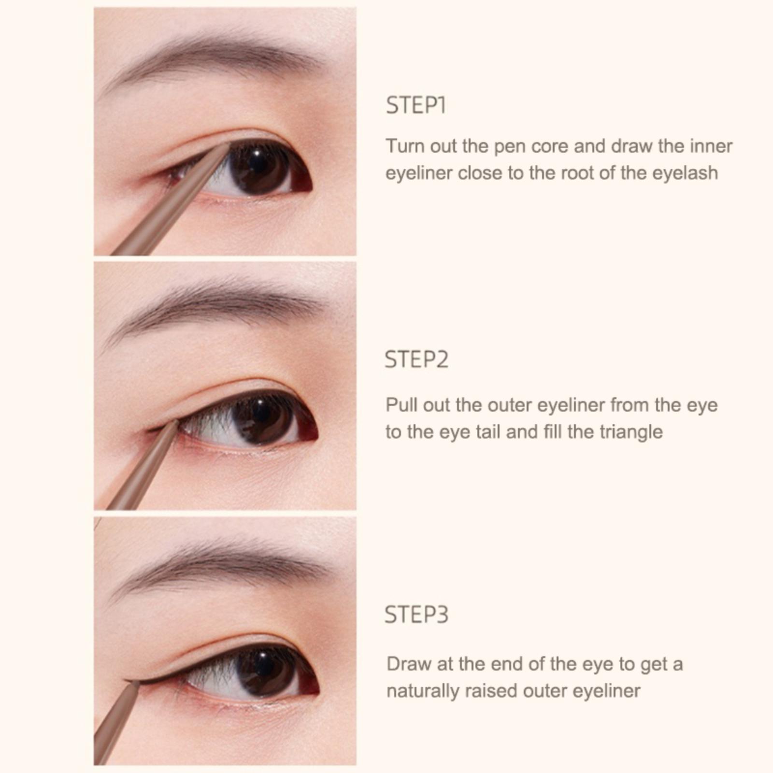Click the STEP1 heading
click(x=415, y=105)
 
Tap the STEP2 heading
click(x=416, y=360)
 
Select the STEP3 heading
click(x=416, y=615)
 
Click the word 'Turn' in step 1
click(x=405, y=146)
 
